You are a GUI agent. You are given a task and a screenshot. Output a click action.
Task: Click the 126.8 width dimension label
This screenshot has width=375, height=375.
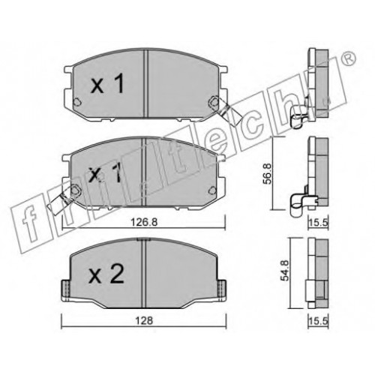pos(144,221)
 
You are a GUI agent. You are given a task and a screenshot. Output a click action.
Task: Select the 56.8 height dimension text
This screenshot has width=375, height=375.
pos(267,174)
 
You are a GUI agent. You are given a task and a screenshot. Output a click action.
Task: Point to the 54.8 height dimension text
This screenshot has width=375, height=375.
pos(285,271)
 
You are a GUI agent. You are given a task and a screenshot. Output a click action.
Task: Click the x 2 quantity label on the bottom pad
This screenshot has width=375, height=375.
pos(106,274)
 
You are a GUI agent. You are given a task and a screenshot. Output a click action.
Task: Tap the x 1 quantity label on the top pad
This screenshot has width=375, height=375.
pos(107,85)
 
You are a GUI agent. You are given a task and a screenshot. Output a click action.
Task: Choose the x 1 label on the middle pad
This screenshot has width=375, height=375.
pos(105,172)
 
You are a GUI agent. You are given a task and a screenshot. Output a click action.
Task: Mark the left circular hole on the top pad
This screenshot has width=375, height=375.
pos(77,101)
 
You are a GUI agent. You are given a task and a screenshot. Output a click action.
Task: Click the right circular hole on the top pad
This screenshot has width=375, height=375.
pos(213,101)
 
